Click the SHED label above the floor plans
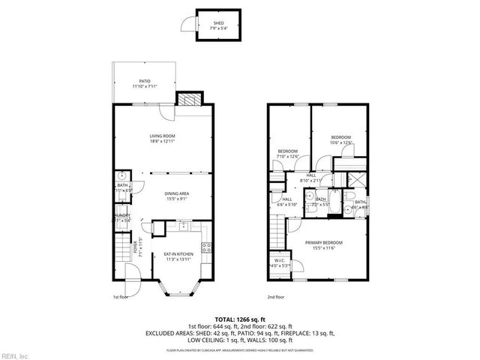[x=218, y=23]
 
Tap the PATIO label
[x=145, y=81]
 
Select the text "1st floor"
[x=121, y=298]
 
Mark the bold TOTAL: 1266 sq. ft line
[x=239, y=319]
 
